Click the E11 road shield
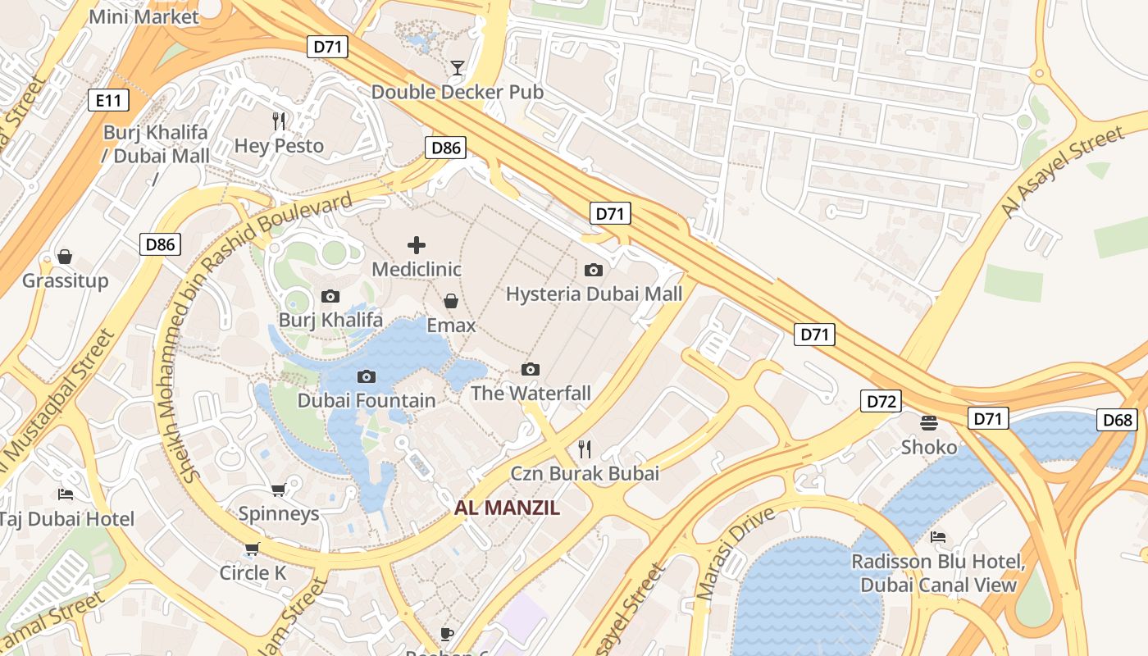click(108, 101)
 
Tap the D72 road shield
click(881, 401)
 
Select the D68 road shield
click(1117, 421)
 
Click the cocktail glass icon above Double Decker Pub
click(458, 67)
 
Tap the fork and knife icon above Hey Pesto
click(280, 121)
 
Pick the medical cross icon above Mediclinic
click(417, 244)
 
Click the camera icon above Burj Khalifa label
click(330, 296)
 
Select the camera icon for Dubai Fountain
click(367, 376)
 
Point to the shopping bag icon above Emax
click(451, 301)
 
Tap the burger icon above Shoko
click(929, 422)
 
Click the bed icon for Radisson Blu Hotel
click(938, 537)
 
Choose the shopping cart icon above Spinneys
click(278, 490)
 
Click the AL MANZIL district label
click(507, 508)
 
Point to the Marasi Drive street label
click(735, 553)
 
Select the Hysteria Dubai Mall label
click(594, 294)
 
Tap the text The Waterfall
click(531, 394)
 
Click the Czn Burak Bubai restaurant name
click(585, 473)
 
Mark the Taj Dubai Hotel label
click(66, 518)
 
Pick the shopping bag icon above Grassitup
click(65, 257)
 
